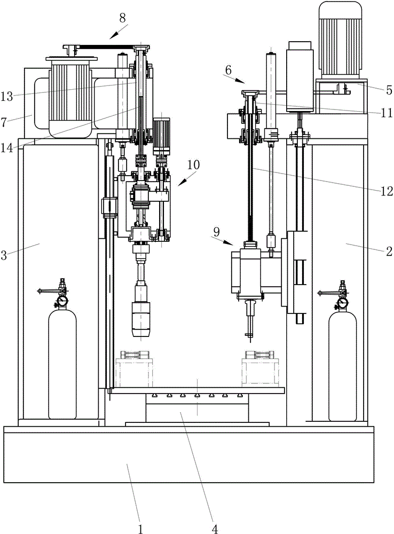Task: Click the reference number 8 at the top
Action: [x=123, y=18]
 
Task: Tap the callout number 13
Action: [x=7, y=97]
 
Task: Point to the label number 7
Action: [x=4, y=122]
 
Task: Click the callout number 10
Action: [x=193, y=165]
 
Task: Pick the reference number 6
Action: [x=228, y=70]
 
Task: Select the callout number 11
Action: [x=387, y=112]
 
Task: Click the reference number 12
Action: [x=387, y=191]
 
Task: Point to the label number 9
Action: [x=217, y=232]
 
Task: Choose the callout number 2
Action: [x=389, y=252]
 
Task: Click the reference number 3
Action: [x=4, y=255]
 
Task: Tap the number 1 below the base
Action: [x=140, y=529]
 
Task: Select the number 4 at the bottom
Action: [x=215, y=529]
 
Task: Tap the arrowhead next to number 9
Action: [x=230, y=243]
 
